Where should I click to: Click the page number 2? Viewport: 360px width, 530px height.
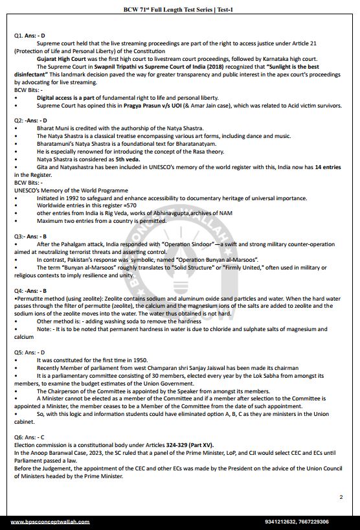[341, 497]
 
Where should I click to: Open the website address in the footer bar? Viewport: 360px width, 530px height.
[54, 522]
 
